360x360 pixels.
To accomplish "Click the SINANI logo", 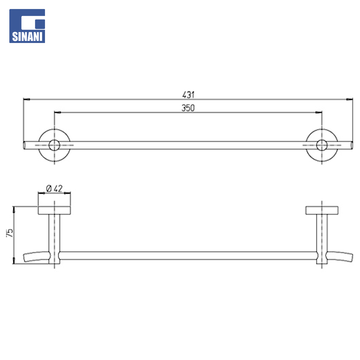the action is point(27,26).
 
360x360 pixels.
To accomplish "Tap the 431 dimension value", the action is point(188,95).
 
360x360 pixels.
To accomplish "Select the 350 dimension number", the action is point(188,108).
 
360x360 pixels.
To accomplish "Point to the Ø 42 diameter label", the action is point(54,188).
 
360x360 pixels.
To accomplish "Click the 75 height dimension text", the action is point(10,233).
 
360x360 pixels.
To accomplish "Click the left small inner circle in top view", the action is point(54,145).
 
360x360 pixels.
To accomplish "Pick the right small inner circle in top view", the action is point(322,145).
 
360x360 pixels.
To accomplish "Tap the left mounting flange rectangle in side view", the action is point(54,210).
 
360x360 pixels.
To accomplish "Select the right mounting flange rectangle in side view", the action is point(322,210).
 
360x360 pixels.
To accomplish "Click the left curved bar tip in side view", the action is point(25,258).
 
